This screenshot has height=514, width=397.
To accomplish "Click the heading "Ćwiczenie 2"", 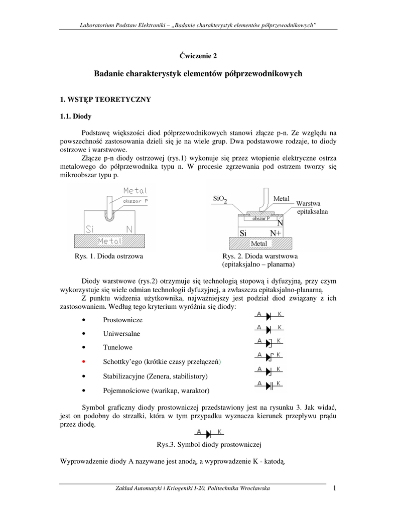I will coord(198,55).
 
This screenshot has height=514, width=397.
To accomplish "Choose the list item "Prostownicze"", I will coord(122,319).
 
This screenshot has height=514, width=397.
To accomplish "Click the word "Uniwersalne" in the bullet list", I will coord(121,333).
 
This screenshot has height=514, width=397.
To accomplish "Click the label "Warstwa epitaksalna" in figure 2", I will coord(312,208).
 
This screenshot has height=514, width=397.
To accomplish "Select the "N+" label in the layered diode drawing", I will coord(276,233).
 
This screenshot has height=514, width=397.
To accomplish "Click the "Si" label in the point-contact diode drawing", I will coord(89,229).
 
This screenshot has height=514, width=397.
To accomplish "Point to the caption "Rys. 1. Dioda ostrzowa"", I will coord(109,256).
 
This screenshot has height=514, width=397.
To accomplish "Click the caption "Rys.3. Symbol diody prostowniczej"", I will coord(209,445).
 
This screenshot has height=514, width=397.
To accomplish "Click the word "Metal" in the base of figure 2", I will coord(259,243).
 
